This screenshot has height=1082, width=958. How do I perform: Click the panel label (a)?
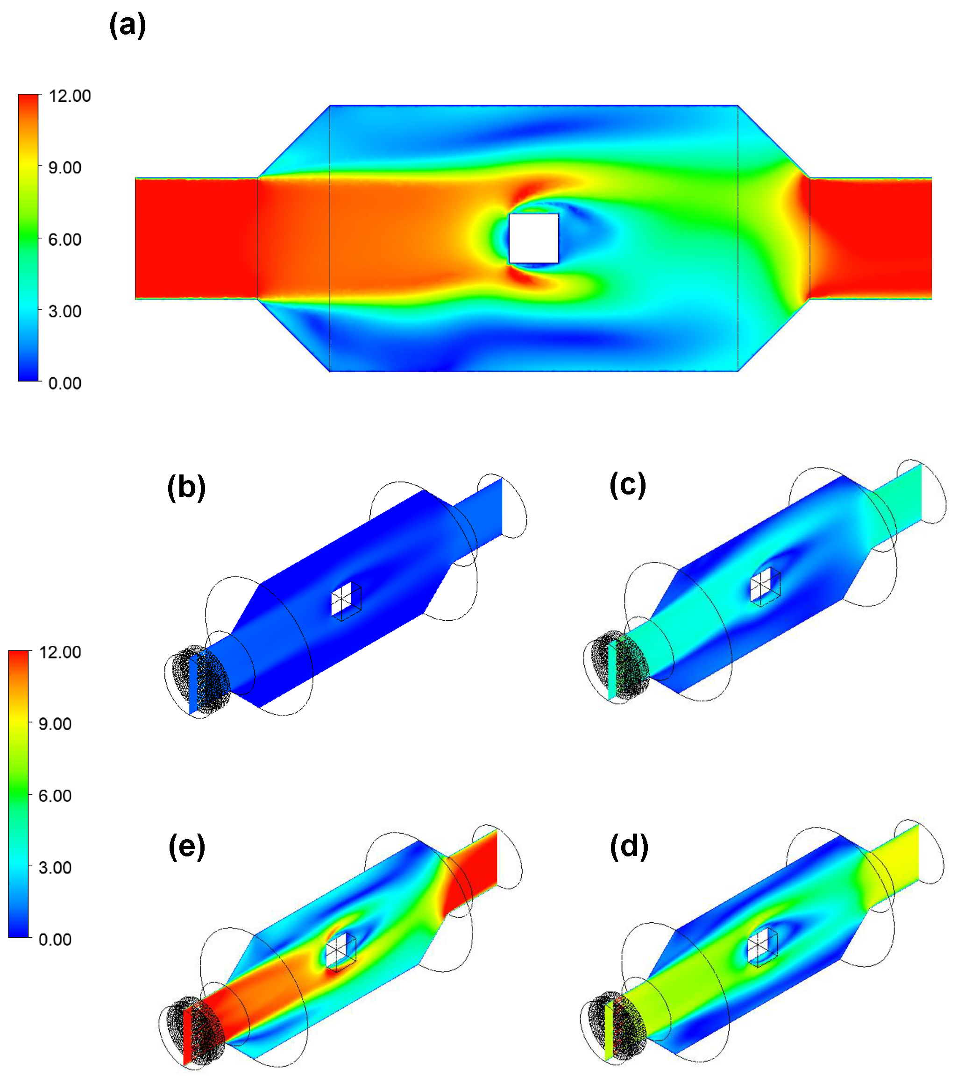tap(127, 25)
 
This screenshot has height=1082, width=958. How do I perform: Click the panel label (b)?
tap(186, 487)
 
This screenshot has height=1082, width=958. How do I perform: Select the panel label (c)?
tap(628, 485)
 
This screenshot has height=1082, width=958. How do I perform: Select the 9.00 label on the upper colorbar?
tap(64, 168)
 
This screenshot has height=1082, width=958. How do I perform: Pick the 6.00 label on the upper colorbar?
tap(64, 239)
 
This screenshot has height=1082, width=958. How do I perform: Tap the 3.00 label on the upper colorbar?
tap(64, 311)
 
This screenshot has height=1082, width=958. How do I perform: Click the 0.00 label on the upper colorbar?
tap(64, 383)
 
